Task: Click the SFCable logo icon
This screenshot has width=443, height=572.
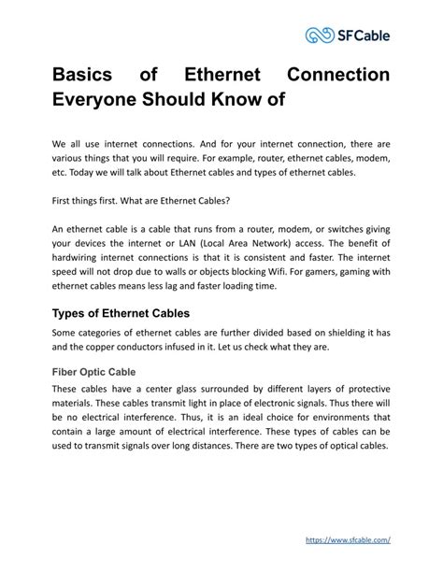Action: (x=320, y=36)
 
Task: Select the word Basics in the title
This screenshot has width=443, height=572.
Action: (x=86, y=74)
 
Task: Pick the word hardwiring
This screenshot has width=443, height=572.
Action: (x=86, y=257)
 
